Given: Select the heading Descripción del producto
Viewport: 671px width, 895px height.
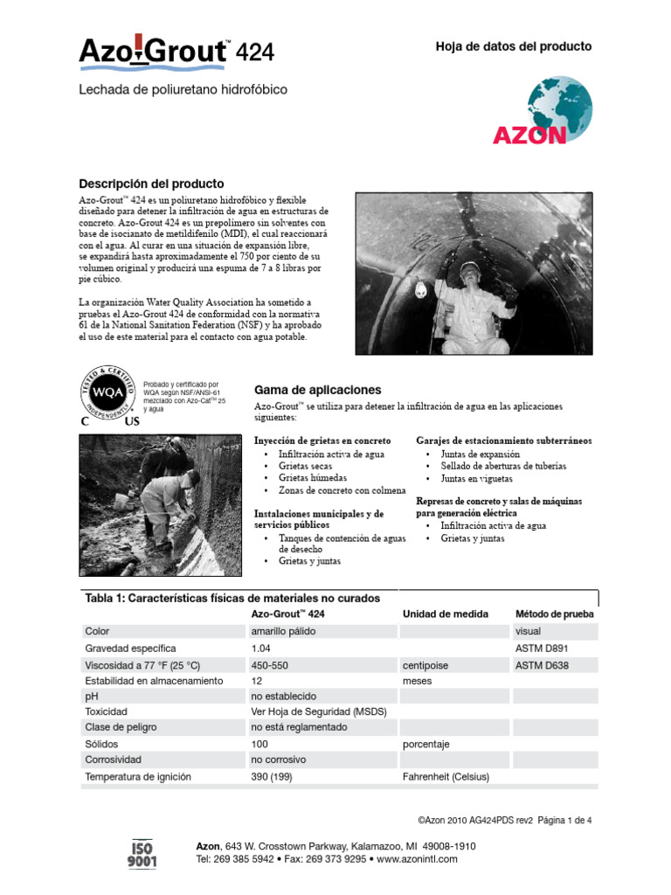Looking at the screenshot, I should click(151, 184).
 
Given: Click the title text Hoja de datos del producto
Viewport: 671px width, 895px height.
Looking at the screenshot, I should click(513, 46).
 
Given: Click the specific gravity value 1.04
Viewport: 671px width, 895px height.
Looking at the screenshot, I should click(260, 649).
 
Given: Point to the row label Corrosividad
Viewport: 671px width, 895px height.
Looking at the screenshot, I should click(113, 760).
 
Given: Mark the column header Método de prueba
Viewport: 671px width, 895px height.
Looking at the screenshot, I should click(554, 614).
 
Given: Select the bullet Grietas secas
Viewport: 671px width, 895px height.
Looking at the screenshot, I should click(305, 467).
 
